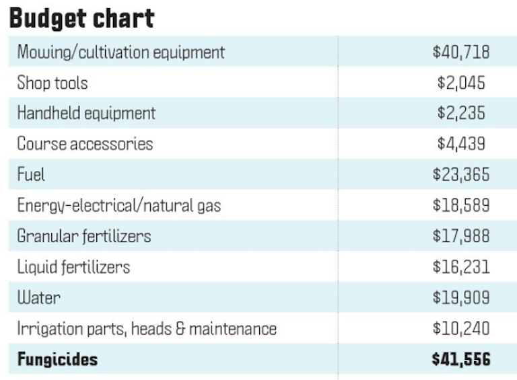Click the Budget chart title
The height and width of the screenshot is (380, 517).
pyautogui.click(x=81, y=18)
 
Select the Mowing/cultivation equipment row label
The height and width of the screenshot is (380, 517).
pyautogui.click(x=120, y=52)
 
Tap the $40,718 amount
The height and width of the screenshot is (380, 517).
pyautogui.click(x=460, y=52)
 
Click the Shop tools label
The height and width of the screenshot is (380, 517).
pyautogui.click(x=53, y=83)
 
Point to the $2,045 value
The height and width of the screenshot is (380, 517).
pyautogui.click(x=460, y=83)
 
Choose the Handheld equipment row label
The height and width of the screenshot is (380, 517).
pyautogui.click(x=86, y=113)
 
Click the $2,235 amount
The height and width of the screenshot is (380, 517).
pyautogui.click(x=460, y=113)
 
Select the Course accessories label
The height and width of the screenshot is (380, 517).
pyautogui.click(x=85, y=144)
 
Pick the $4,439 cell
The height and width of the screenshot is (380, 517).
pyautogui.click(x=460, y=144)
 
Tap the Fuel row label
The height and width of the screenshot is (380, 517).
pyautogui.click(x=31, y=175)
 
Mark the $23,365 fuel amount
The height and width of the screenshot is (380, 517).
pyautogui.click(x=460, y=175)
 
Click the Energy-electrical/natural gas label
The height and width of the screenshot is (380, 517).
pyautogui.click(x=118, y=206)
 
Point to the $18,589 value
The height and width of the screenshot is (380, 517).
pyautogui.click(x=460, y=206)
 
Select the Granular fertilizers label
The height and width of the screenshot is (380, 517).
pyautogui.click(x=84, y=236)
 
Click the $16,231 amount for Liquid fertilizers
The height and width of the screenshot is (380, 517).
pyautogui.click(x=460, y=267)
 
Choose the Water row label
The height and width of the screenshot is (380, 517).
pyautogui.click(x=39, y=297)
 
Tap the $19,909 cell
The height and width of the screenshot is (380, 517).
pyautogui.click(x=460, y=297)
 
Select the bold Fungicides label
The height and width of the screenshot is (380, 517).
pyautogui.click(x=57, y=359)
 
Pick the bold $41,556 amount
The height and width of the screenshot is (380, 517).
pyautogui.click(x=460, y=359)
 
